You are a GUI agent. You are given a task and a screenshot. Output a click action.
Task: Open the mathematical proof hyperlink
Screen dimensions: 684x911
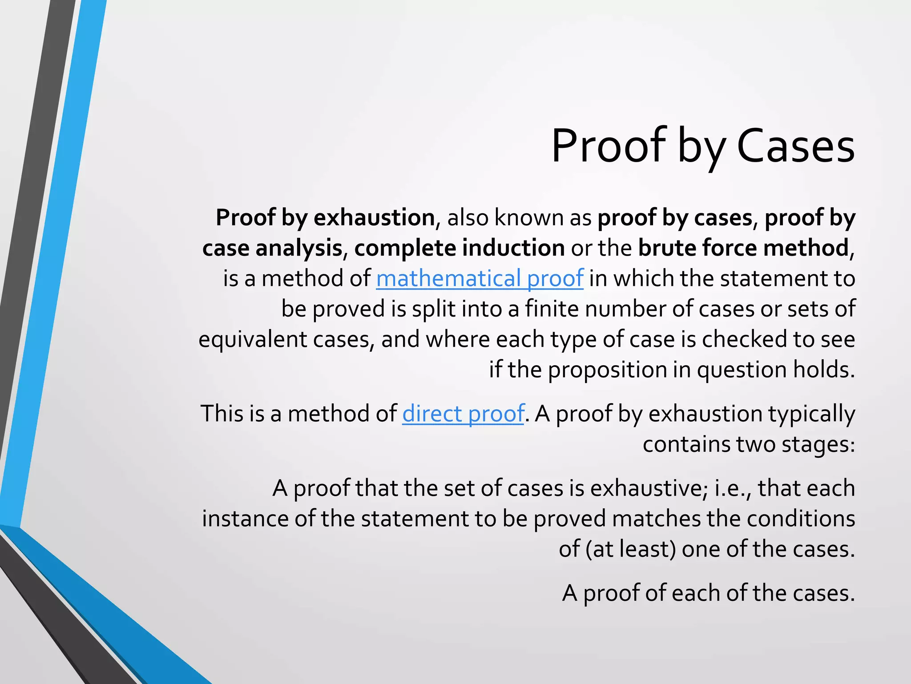(480, 279)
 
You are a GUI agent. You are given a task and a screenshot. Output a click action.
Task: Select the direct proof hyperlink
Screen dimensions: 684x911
(463, 414)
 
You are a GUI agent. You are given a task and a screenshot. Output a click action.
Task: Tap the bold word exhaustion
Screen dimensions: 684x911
(374, 218)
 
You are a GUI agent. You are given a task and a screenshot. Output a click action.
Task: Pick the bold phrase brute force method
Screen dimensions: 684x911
(743, 248)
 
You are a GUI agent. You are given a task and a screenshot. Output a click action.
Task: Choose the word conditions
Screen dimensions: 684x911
(801, 519)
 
